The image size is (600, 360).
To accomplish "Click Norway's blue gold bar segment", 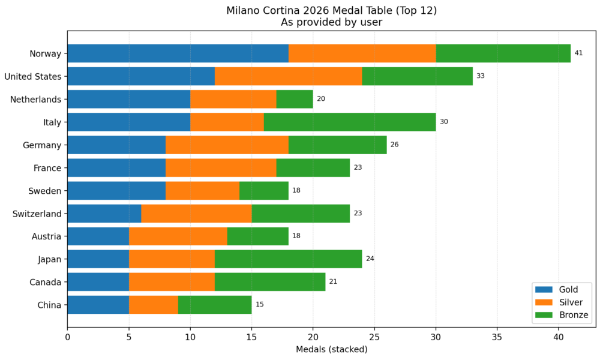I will point(178,53).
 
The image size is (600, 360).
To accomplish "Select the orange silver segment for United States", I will point(288,76).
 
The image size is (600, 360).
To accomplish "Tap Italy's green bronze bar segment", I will point(350,122).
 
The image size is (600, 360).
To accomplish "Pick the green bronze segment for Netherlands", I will point(295,99).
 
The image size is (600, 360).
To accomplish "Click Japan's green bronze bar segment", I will point(288,259).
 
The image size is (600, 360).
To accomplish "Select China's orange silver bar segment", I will point(154,304).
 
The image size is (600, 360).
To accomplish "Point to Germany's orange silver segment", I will point(227,145).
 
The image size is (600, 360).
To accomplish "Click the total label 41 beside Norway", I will point(578,53).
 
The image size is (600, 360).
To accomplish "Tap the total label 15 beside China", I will point(260,304).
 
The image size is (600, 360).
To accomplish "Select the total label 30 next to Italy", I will point(444,122).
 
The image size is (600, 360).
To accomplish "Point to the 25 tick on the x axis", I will point(374,337).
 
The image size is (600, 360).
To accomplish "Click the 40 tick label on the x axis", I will point(559,337).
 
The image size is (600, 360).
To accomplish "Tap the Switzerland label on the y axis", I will point(37,213).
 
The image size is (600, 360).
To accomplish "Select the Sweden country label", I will point(45,190).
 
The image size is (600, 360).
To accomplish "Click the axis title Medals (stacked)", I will point(331,349).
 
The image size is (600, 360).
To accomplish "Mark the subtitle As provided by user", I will point(331,22).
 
